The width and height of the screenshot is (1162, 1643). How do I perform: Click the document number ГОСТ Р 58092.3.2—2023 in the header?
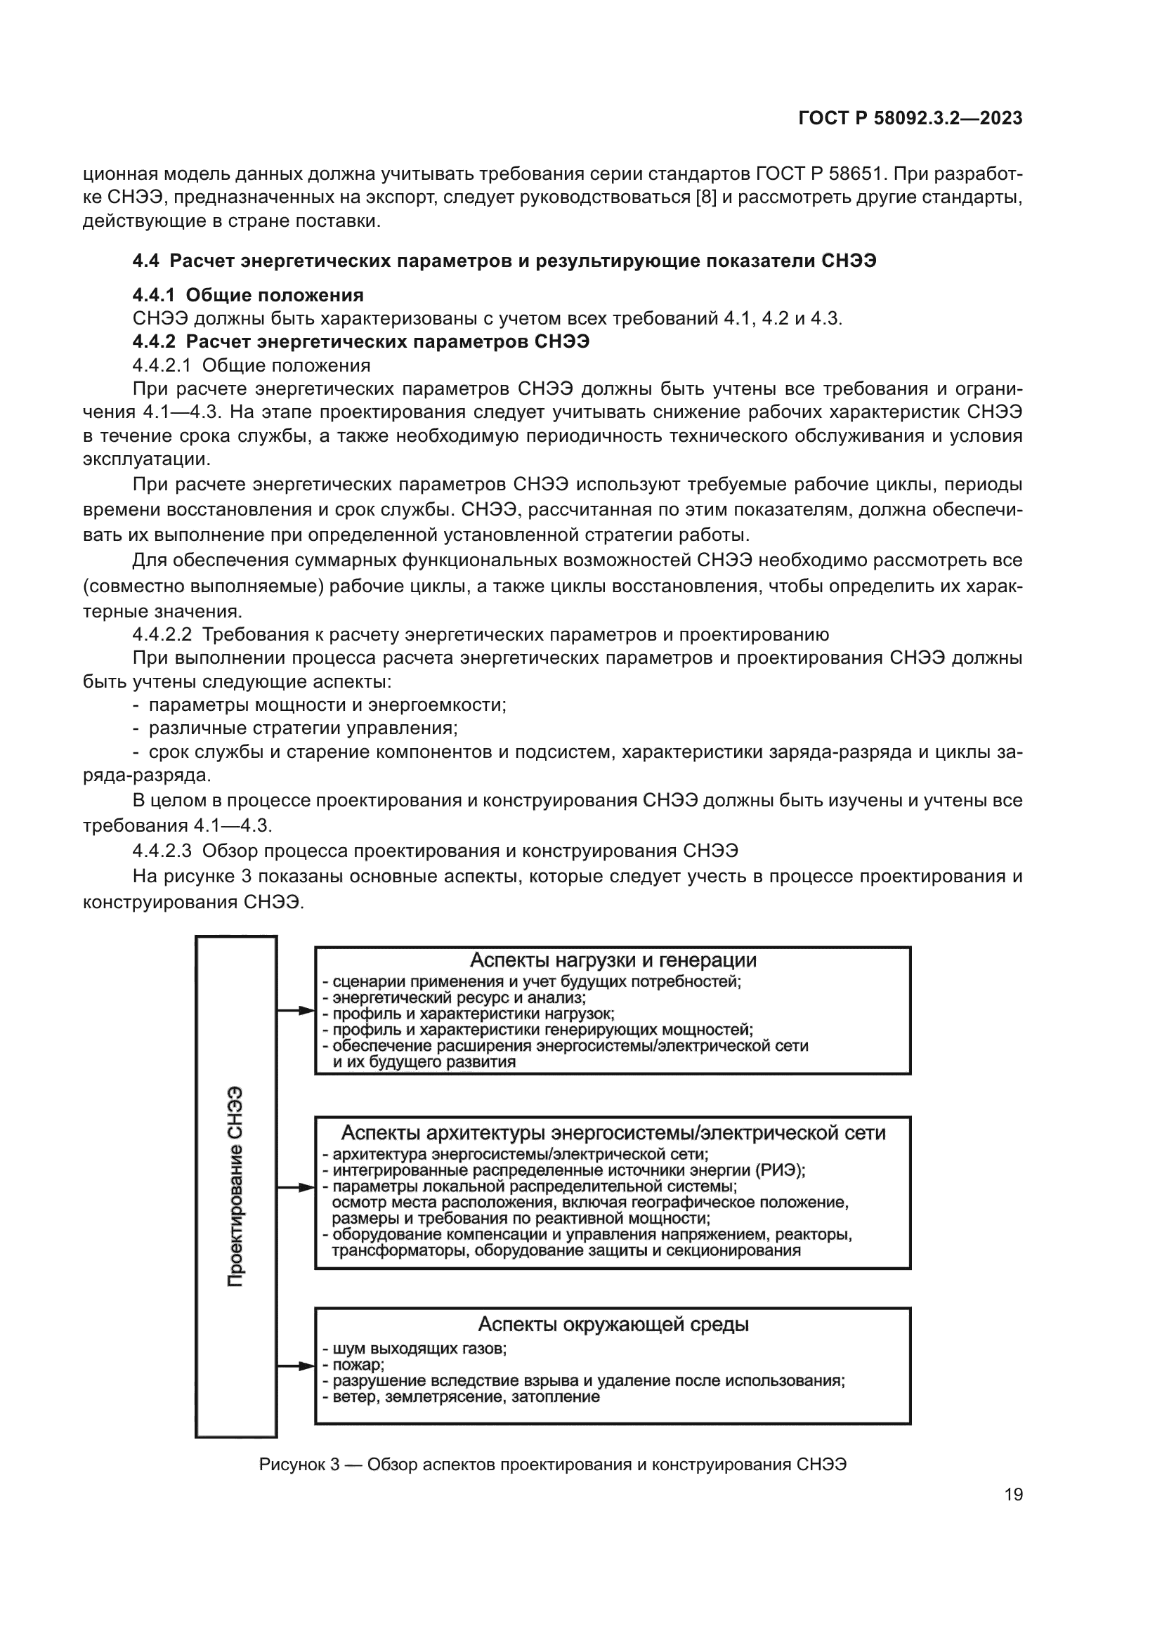[910, 119]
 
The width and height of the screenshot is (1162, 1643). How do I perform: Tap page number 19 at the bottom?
[1013, 1495]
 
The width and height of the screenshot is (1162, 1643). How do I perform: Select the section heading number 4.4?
[146, 261]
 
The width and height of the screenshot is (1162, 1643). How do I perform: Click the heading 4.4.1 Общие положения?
[247, 296]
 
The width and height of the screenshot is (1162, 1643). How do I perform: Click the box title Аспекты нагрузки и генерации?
[613, 960]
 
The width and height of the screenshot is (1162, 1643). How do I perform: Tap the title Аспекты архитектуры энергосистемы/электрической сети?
[613, 1133]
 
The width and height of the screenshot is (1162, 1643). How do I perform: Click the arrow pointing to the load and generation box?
[296, 1011]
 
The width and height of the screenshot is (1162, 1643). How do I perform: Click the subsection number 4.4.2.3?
[162, 851]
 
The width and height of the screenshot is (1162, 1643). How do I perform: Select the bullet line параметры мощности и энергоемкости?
[327, 705]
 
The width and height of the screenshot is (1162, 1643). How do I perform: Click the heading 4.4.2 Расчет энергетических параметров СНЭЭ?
[360, 342]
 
